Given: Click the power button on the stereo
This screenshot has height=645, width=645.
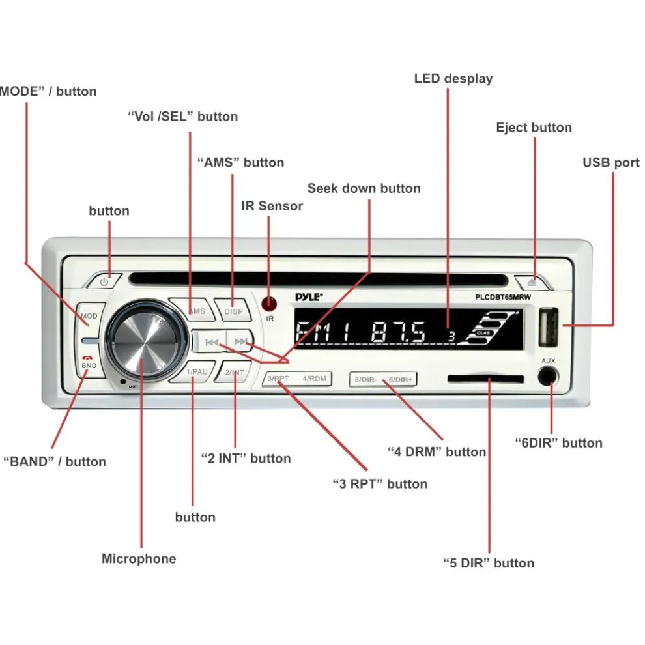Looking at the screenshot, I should pos(104,281).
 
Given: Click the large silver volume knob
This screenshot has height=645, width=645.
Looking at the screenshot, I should pos(143,339).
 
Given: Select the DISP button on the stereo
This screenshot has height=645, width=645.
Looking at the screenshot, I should pos(233,311).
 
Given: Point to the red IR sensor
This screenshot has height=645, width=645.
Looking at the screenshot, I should pos(268,303).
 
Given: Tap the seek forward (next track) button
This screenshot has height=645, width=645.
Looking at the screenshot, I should pos(240,341).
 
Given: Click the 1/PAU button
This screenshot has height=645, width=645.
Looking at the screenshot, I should pos(196,372).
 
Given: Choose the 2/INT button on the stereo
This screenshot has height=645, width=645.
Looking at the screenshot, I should pos(234,372).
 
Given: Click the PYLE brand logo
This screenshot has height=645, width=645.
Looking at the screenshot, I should pos(309,297).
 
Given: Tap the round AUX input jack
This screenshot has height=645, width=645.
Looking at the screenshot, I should pos(548,377).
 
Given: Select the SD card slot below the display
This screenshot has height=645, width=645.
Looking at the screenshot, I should pos(485,379).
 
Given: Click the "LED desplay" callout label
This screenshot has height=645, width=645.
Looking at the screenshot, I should pos(453,79).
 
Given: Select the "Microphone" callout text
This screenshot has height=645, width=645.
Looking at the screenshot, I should pos(139,558).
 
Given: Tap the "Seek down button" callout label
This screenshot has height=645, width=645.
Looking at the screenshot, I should pos(364,188).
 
